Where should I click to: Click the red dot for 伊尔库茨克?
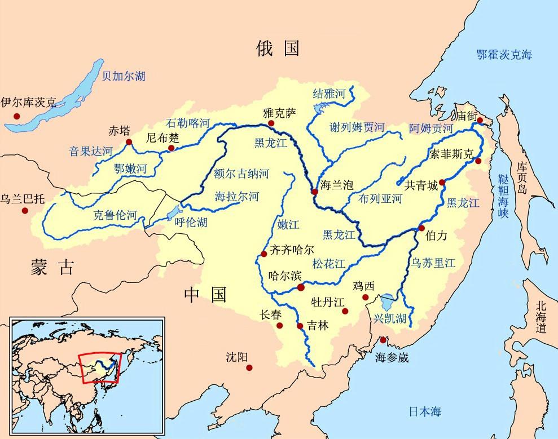click(17, 116)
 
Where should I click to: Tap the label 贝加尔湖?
click(124, 76)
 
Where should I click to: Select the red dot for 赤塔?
click(129, 142)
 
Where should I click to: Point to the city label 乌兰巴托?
click(22, 198)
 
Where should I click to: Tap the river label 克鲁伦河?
click(115, 215)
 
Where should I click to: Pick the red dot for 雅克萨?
click(271, 123)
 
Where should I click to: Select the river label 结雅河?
click(328, 95)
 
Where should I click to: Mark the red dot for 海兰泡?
click(314, 192)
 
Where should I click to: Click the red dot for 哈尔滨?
click(301, 287)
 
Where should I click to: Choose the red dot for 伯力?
click(421, 228)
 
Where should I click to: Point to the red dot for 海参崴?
click(383, 340)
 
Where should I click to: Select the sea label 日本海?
click(424, 411)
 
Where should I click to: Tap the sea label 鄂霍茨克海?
click(504, 55)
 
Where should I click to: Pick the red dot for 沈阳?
click(249, 368)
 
